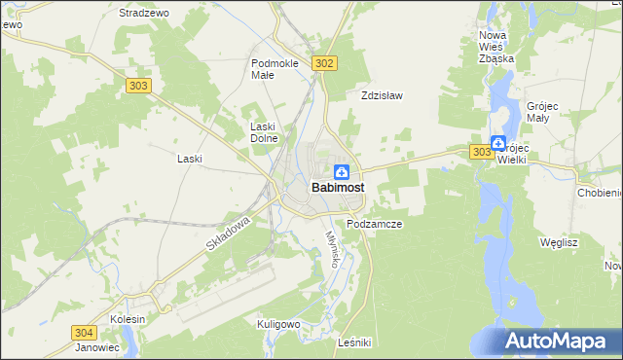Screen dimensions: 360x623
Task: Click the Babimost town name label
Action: pos(339,189)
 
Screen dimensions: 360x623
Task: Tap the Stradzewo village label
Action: pos(143,13)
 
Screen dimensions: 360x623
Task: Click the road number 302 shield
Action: pos(325,63)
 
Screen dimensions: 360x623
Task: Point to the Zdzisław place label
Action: pos(382,96)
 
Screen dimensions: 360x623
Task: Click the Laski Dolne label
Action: pos(265,131)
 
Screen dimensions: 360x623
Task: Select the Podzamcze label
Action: pos(375,223)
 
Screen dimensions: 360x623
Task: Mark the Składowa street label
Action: pos(228,235)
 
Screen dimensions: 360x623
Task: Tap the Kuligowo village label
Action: pos(277,323)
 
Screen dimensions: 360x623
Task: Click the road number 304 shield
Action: pos(85,332)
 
